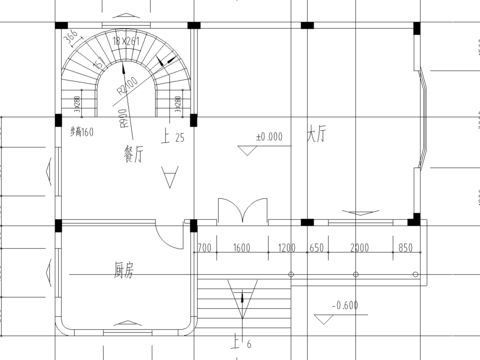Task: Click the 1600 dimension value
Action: coord(241,247)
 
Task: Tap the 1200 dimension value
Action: coord(286,247)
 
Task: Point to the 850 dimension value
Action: coord(405,247)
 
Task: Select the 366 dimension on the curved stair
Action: coord(71,39)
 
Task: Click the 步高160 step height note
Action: coord(82,131)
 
